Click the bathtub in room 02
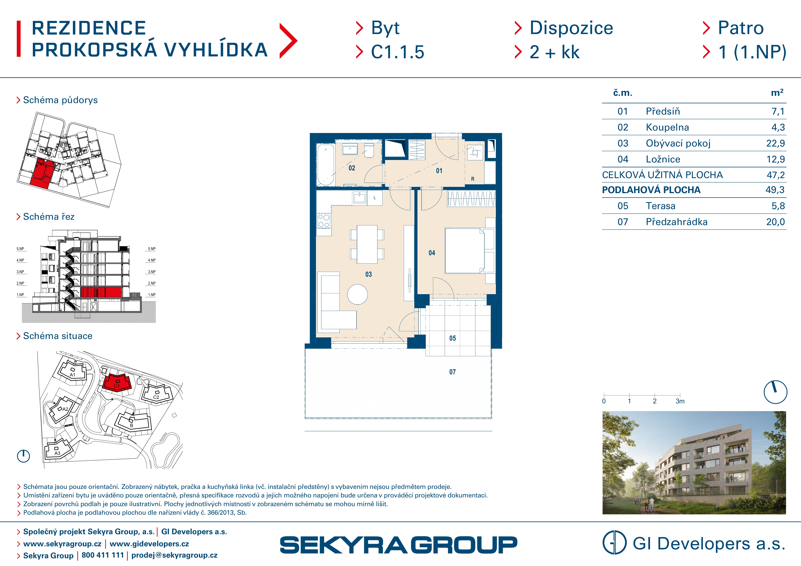click(x=326, y=165)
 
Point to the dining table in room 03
click(x=367, y=244)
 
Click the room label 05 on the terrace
click(x=452, y=338)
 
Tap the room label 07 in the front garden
click(x=452, y=372)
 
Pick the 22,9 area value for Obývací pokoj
click(x=775, y=143)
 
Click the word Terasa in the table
click(x=660, y=206)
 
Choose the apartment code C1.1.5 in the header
click(x=397, y=52)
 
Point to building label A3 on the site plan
click(x=57, y=453)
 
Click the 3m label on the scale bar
click(x=680, y=401)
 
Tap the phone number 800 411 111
click(x=103, y=555)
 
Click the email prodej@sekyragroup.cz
click(x=174, y=555)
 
